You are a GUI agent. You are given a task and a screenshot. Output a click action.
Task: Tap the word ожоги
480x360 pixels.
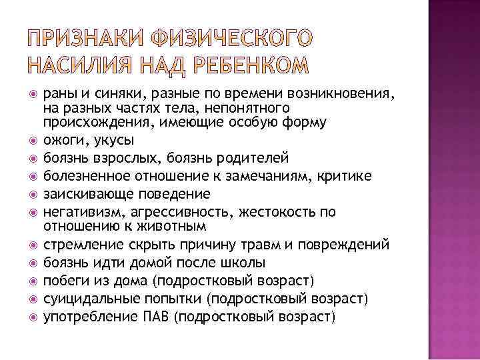click(x=62, y=141)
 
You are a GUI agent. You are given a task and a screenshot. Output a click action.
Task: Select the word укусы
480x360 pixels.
click(x=109, y=141)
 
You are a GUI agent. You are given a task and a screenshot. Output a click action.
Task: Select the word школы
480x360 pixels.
click(x=245, y=261)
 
